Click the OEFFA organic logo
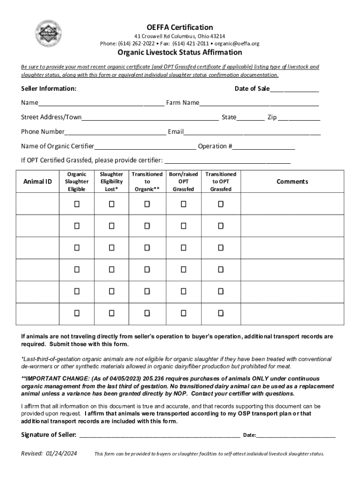click(x=46, y=34)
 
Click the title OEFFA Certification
click(x=180, y=27)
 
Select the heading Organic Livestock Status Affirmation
click(x=180, y=52)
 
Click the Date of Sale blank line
click(x=294, y=89)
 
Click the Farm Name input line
click(x=259, y=103)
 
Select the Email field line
click(x=252, y=132)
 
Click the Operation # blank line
click(x=264, y=146)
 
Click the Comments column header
click(x=292, y=181)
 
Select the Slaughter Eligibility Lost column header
click(x=111, y=181)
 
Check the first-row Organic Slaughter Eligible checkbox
click(x=77, y=204)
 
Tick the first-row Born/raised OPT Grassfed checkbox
click(x=183, y=204)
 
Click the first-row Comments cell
click(x=292, y=204)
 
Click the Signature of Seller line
click(x=159, y=435)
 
